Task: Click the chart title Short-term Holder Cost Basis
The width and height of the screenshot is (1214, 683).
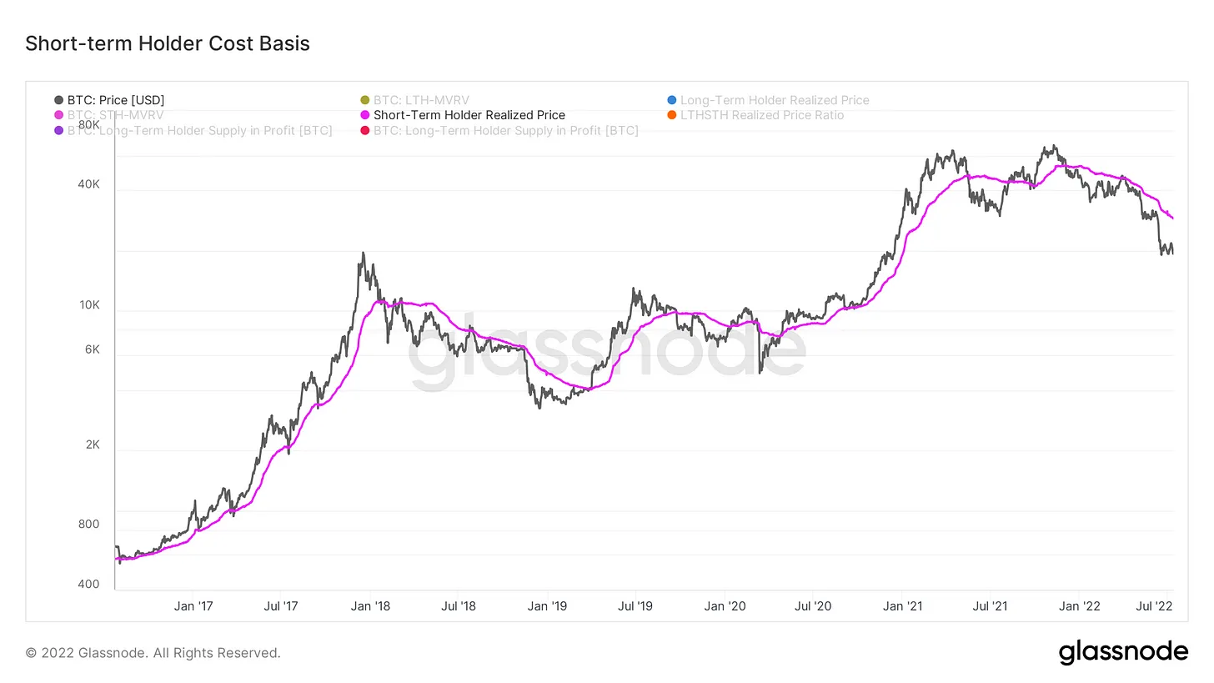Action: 168,43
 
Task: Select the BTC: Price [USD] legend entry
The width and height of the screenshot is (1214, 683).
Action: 116,100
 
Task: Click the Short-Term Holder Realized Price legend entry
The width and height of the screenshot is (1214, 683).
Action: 469,115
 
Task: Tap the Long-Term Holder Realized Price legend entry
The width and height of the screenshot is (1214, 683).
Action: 775,100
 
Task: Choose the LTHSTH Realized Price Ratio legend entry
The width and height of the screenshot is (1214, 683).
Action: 761,115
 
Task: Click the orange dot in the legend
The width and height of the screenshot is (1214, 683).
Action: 672,115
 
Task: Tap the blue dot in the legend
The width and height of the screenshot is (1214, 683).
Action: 672,100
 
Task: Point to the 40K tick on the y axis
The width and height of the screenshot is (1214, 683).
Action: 88,184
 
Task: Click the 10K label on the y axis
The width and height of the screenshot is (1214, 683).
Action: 88,305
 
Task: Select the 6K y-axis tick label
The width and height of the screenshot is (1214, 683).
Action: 91,349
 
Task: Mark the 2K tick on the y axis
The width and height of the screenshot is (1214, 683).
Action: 91,444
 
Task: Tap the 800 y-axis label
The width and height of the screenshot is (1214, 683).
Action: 88,525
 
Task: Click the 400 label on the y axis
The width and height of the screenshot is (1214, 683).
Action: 88,585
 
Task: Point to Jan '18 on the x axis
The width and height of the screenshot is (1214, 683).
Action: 371,606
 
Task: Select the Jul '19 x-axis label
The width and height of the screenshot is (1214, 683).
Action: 635,606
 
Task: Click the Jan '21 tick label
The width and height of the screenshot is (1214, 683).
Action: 903,606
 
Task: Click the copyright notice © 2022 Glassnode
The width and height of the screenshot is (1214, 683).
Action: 153,653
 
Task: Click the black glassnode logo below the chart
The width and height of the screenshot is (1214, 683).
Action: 1123,652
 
